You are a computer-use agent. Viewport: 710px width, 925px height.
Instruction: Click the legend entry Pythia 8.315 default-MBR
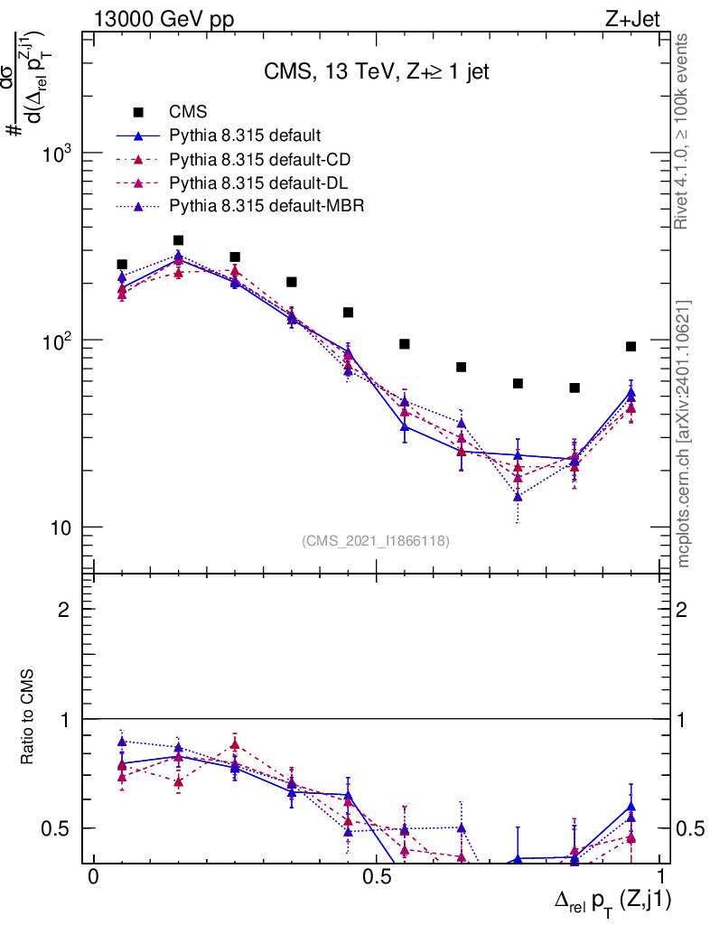coord(266,206)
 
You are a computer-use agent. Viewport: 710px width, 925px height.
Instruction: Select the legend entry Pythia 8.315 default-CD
coord(260,159)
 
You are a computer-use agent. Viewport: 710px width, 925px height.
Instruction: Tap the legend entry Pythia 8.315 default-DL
coord(259,182)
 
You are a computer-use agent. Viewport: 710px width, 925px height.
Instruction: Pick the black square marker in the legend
coord(138,112)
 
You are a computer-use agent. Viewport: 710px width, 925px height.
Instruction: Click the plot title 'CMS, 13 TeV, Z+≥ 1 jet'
coord(377,72)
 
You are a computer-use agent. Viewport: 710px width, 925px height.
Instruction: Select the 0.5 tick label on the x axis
coord(377,878)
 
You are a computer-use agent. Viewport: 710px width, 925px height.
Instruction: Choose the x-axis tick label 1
coord(660,878)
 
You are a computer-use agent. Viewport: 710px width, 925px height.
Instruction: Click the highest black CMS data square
coord(178,240)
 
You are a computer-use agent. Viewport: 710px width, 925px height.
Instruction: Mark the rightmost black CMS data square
coord(631,346)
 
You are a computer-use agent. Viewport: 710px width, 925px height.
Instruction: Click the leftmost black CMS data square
coord(122,265)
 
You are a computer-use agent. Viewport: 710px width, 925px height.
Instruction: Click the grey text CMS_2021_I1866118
coord(376,541)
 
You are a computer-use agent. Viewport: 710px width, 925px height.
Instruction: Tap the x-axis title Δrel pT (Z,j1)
coord(612,899)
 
